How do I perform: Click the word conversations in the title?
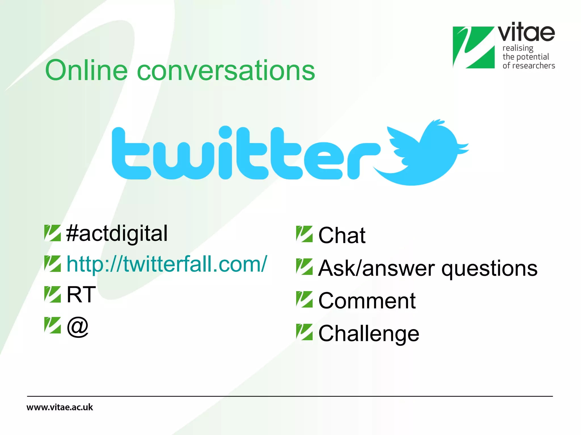tap(226, 71)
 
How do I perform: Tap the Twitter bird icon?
tap(423, 153)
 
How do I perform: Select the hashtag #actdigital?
tap(117, 233)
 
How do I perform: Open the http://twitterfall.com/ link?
tap(167, 264)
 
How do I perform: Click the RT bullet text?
tap(81, 295)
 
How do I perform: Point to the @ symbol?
tap(78, 327)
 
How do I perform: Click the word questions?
tap(489, 268)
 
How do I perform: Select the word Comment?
tap(367, 301)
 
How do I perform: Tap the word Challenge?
tap(369, 334)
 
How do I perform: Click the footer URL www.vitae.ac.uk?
tap(60, 407)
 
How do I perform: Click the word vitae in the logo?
tap(526, 33)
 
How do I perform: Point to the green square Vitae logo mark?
tap(473, 47)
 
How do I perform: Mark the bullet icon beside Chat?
tap(304, 234)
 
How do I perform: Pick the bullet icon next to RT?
tap(52, 294)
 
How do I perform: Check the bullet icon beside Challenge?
tap(304, 332)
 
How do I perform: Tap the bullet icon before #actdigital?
tap(52, 233)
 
